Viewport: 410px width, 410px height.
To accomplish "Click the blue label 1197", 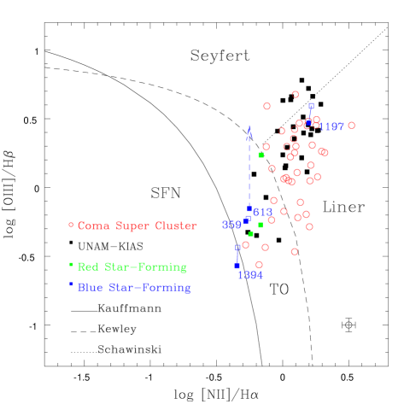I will coord(331,126).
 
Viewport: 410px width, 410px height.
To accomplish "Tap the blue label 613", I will coord(262,212).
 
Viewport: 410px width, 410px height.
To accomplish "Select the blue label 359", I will coord(231,225).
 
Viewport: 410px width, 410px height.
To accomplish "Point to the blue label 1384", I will coord(250,275).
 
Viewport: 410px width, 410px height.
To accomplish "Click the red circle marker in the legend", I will coord(72,225).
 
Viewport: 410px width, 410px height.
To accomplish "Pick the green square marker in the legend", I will coord(72,266).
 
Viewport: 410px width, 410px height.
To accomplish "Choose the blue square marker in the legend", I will coord(72,284).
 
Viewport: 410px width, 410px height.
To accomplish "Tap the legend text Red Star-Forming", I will coord(132,267).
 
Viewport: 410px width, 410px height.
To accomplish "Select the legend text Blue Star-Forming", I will coord(134,288).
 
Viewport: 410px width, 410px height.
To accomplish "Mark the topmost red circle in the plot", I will coord(295,94).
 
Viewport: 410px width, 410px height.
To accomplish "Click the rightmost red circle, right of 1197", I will coord(351,126).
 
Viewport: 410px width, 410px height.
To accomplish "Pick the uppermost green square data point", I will coord(261,155).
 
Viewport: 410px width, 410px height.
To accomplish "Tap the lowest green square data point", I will coord(250,234).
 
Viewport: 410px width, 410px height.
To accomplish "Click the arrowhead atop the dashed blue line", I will coord(249,128).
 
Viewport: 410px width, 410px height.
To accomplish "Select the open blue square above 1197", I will coord(311,106).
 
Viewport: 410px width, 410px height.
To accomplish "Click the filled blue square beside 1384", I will coord(237,266).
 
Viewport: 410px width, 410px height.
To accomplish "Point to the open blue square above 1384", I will coord(237,247).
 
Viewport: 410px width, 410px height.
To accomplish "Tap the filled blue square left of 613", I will coord(249,208).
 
